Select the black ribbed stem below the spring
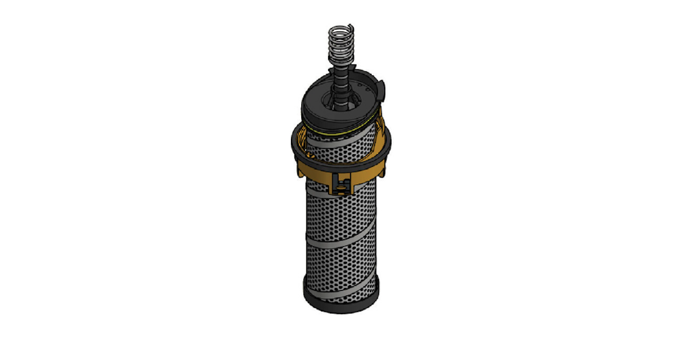click(x=342, y=86)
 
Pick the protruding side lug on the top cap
click(x=382, y=89)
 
